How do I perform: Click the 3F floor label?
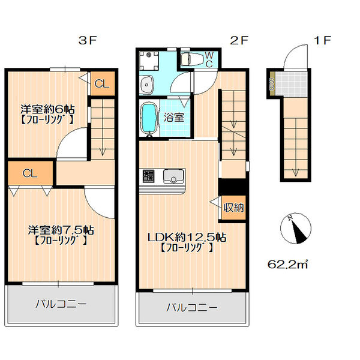(x=88, y=41)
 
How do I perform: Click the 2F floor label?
(x=239, y=41)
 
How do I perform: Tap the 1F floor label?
(x=322, y=41)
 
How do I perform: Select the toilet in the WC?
(x=192, y=59)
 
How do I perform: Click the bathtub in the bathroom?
(x=149, y=118)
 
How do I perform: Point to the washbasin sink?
(x=147, y=84)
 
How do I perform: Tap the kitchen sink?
(x=173, y=176)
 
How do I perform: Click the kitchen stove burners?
(x=149, y=176)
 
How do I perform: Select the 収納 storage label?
(x=233, y=208)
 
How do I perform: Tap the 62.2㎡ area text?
(x=287, y=265)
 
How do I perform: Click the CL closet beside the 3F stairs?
(x=103, y=83)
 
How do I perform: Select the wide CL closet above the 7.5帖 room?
(x=30, y=173)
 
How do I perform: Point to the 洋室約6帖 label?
(x=48, y=109)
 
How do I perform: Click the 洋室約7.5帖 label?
(x=61, y=230)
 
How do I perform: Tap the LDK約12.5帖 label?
(x=187, y=238)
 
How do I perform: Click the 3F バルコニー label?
(x=61, y=304)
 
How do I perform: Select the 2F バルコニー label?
(x=192, y=307)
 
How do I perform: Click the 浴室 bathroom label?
(x=174, y=118)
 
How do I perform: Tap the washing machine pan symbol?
(x=149, y=61)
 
